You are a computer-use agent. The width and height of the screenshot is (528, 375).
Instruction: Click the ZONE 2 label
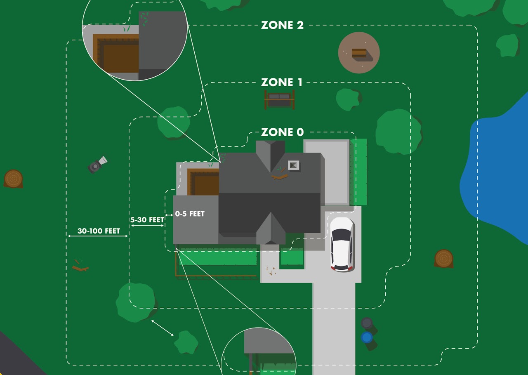282,25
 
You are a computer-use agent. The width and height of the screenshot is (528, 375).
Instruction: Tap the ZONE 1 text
282,83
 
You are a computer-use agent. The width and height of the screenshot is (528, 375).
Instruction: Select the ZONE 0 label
282,132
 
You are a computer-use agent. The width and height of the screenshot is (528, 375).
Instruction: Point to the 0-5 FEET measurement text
190,214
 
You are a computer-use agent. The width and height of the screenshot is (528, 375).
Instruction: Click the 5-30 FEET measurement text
147,220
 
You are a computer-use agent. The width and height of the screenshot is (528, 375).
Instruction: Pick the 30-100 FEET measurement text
99,231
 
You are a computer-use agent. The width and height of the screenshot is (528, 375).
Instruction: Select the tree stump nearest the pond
444,258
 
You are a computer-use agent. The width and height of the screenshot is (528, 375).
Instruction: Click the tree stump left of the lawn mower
13,179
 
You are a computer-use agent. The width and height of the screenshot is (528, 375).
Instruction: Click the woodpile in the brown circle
359,53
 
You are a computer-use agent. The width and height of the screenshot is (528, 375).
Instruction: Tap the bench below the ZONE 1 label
280,99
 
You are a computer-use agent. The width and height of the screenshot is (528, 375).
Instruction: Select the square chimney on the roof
293,165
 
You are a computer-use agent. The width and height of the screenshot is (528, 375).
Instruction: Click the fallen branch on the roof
280,176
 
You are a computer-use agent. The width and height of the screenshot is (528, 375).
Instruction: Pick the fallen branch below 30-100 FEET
80,268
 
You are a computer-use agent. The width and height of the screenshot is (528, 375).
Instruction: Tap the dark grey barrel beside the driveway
367,323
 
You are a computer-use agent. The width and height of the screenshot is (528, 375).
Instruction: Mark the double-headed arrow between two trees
162,328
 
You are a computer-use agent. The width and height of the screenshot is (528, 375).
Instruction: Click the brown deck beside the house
204,183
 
